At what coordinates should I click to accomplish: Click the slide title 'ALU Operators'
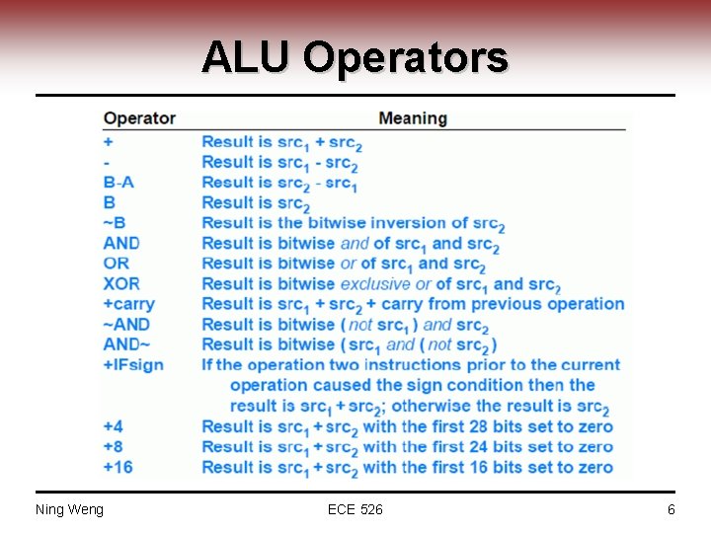tap(355, 57)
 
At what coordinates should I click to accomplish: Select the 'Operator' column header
tap(139, 118)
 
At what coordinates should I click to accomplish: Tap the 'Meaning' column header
tap(413, 118)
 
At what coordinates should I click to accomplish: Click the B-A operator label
tap(118, 182)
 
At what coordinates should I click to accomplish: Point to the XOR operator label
tap(120, 283)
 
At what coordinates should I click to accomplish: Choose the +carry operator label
tap(129, 304)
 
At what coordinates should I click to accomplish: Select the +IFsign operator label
tap(133, 364)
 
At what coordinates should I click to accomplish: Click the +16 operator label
tap(118, 467)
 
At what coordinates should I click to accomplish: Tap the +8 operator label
tap(114, 446)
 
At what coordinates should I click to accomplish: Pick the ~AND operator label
tap(126, 324)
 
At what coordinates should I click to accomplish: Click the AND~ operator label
tap(126, 344)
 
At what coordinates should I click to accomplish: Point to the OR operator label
tap(116, 264)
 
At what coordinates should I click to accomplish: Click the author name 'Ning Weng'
tap(69, 509)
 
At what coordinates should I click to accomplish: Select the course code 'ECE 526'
tap(355, 509)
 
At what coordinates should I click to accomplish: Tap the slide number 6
tap(671, 509)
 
